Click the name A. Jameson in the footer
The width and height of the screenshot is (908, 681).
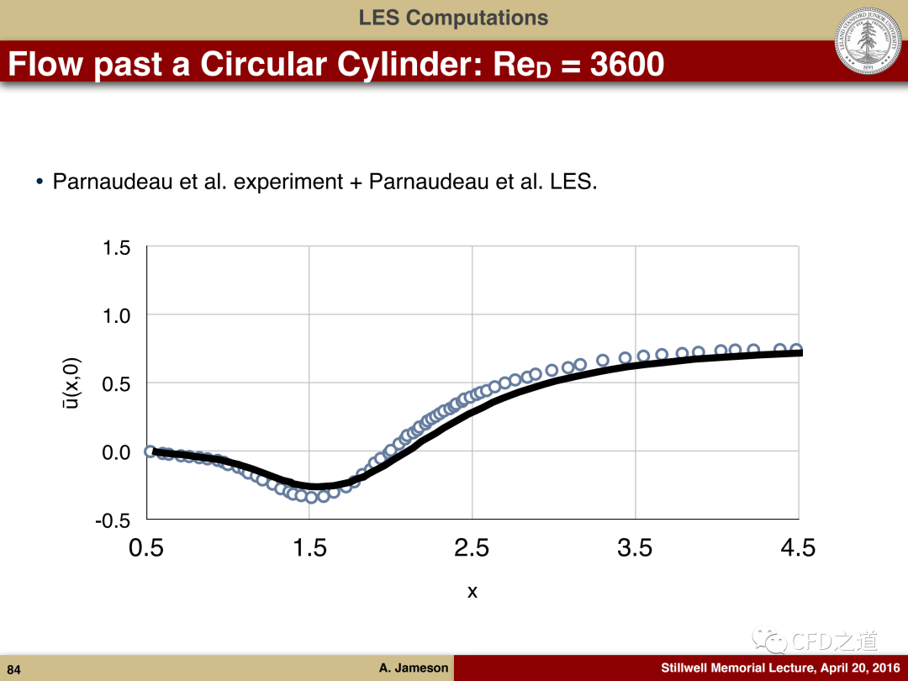pyautogui.click(x=414, y=668)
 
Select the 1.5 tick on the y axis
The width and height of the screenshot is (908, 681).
pyautogui.click(x=116, y=247)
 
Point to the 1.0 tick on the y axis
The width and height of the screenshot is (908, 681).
pyautogui.click(x=116, y=315)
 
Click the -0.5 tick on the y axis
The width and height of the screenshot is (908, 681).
pyautogui.click(x=113, y=520)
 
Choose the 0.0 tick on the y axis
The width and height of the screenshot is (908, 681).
pyautogui.click(x=116, y=451)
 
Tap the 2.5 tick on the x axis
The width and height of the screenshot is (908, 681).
pyautogui.click(x=472, y=548)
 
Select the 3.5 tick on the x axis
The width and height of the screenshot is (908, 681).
pyautogui.click(x=635, y=548)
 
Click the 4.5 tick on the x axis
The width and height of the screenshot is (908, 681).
pyautogui.click(x=798, y=548)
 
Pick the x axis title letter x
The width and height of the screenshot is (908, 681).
pyautogui.click(x=472, y=592)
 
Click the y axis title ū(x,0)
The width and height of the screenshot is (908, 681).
pyautogui.click(x=73, y=383)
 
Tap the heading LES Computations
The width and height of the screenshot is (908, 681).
pyautogui.click(x=453, y=18)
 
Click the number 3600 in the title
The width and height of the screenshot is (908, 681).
pyautogui.click(x=627, y=64)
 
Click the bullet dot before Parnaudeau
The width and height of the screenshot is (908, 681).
pyautogui.click(x=40, y=182)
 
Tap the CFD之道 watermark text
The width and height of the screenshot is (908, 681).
pyautogui.click(x=835, y=641)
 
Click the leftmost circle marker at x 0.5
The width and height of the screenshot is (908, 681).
pyautogui.click(x=150, y=451)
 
